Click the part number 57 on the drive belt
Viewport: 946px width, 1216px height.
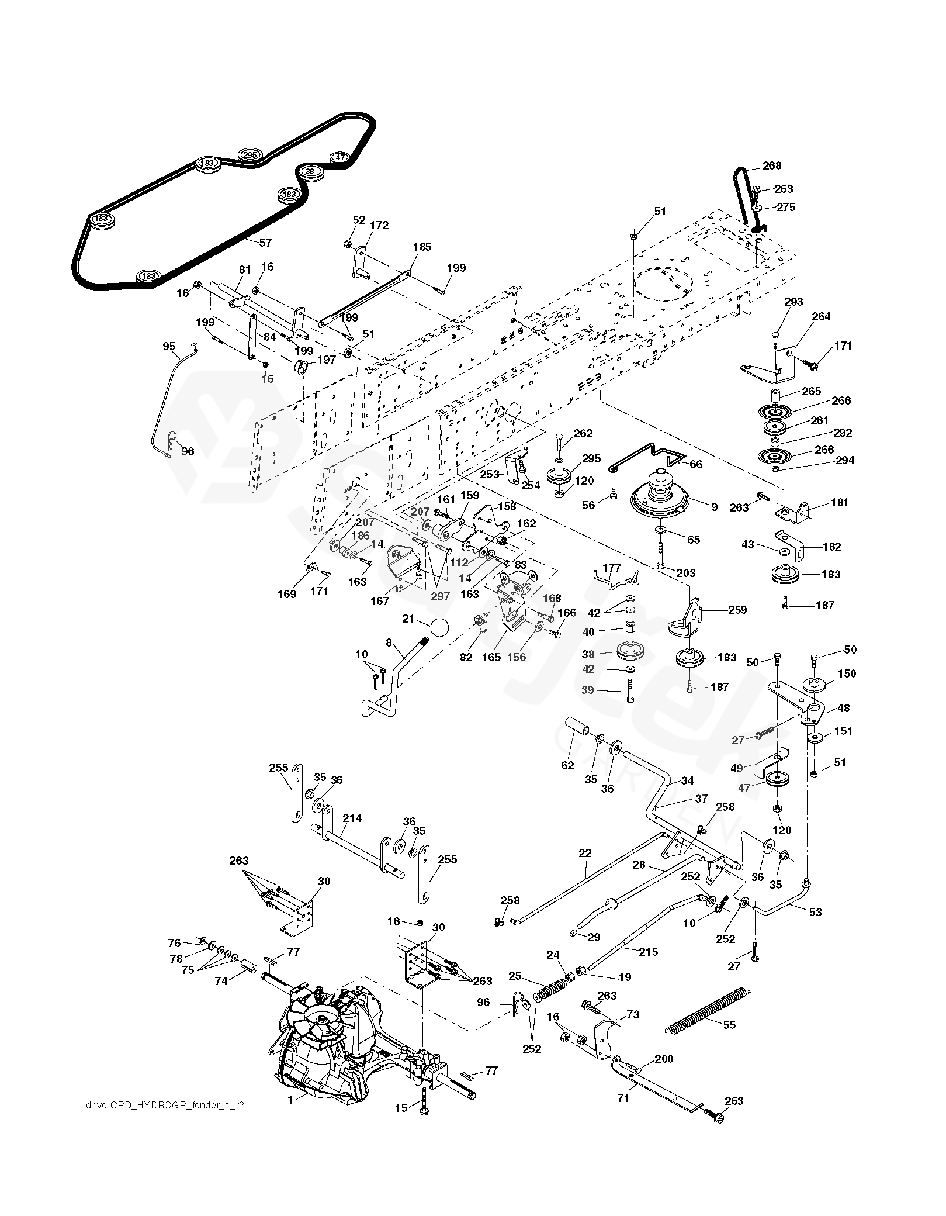pos(266,243)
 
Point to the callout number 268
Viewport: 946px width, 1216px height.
pos(772,166)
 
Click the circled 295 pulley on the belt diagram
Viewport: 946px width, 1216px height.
pos(250,155)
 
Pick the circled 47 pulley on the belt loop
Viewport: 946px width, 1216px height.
pos(341,157)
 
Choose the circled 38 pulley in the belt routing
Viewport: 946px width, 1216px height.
pos(310,171)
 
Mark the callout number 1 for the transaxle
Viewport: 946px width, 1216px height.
pos(290,1115)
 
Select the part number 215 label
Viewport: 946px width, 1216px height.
pos(649,952)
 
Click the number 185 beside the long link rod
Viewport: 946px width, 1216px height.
pos(422,247)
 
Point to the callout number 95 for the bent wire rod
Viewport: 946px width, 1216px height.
pos(169,346)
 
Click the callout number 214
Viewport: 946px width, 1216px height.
pos(352,818)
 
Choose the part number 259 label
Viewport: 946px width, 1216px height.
pos(737,610)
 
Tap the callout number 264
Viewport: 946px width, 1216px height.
pos(822,316)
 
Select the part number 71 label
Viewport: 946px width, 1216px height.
pos(623,1098)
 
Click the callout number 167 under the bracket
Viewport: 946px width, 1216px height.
pos(380,600)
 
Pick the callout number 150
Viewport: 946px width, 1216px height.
pos(847,673)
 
